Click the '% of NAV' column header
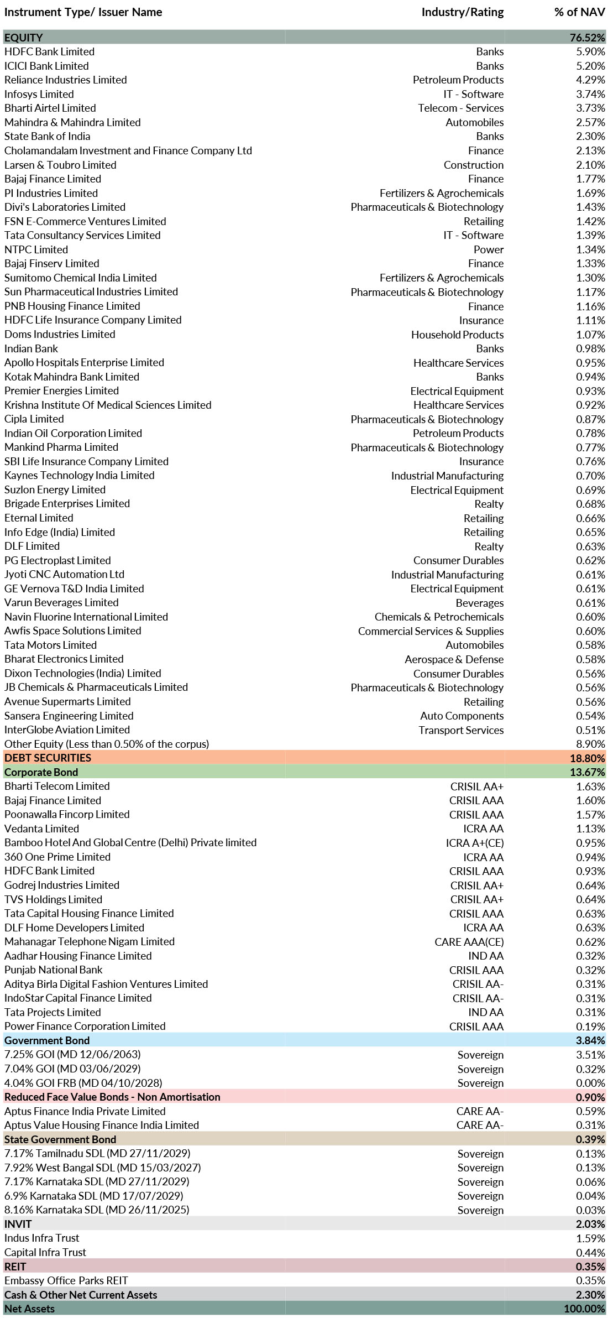point(579,12)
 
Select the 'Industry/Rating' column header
point(462,12)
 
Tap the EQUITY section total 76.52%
point(587,38)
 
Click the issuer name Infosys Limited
point(39,94)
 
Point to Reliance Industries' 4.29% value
point(590,80)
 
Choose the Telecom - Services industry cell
point(460,108)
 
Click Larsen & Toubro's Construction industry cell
point(473,165)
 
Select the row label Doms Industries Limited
point(60,334)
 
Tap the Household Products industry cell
point(457,335)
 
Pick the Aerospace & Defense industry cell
point(454,659)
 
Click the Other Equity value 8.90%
point(590,744)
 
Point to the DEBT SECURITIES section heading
point(48,758)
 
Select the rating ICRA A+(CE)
point(474,843)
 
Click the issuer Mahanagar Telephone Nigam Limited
point(89,941)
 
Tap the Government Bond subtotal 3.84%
point(590,1040)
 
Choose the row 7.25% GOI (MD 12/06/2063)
point(72,1054)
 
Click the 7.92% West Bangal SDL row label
point(102,1168)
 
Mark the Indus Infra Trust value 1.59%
point(590,1238)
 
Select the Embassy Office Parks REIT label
point(66,1280)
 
